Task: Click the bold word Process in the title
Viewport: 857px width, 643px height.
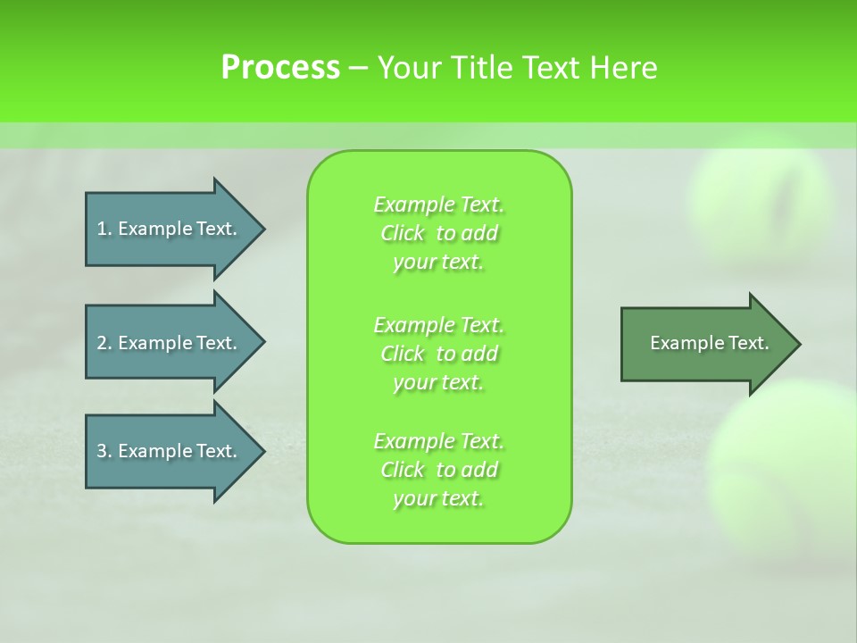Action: (x=280, y=68)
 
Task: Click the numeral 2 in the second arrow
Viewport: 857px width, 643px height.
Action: (x=102, y=343)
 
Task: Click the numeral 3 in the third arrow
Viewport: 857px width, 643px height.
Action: (x=102, y=451)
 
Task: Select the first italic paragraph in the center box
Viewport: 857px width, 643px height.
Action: (x=438, y=233)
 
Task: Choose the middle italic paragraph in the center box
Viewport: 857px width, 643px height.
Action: (x=438, y=354)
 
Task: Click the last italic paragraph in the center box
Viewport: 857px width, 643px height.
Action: (x=438, y=470)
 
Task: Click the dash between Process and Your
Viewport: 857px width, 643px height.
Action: (x=359, y=68)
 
